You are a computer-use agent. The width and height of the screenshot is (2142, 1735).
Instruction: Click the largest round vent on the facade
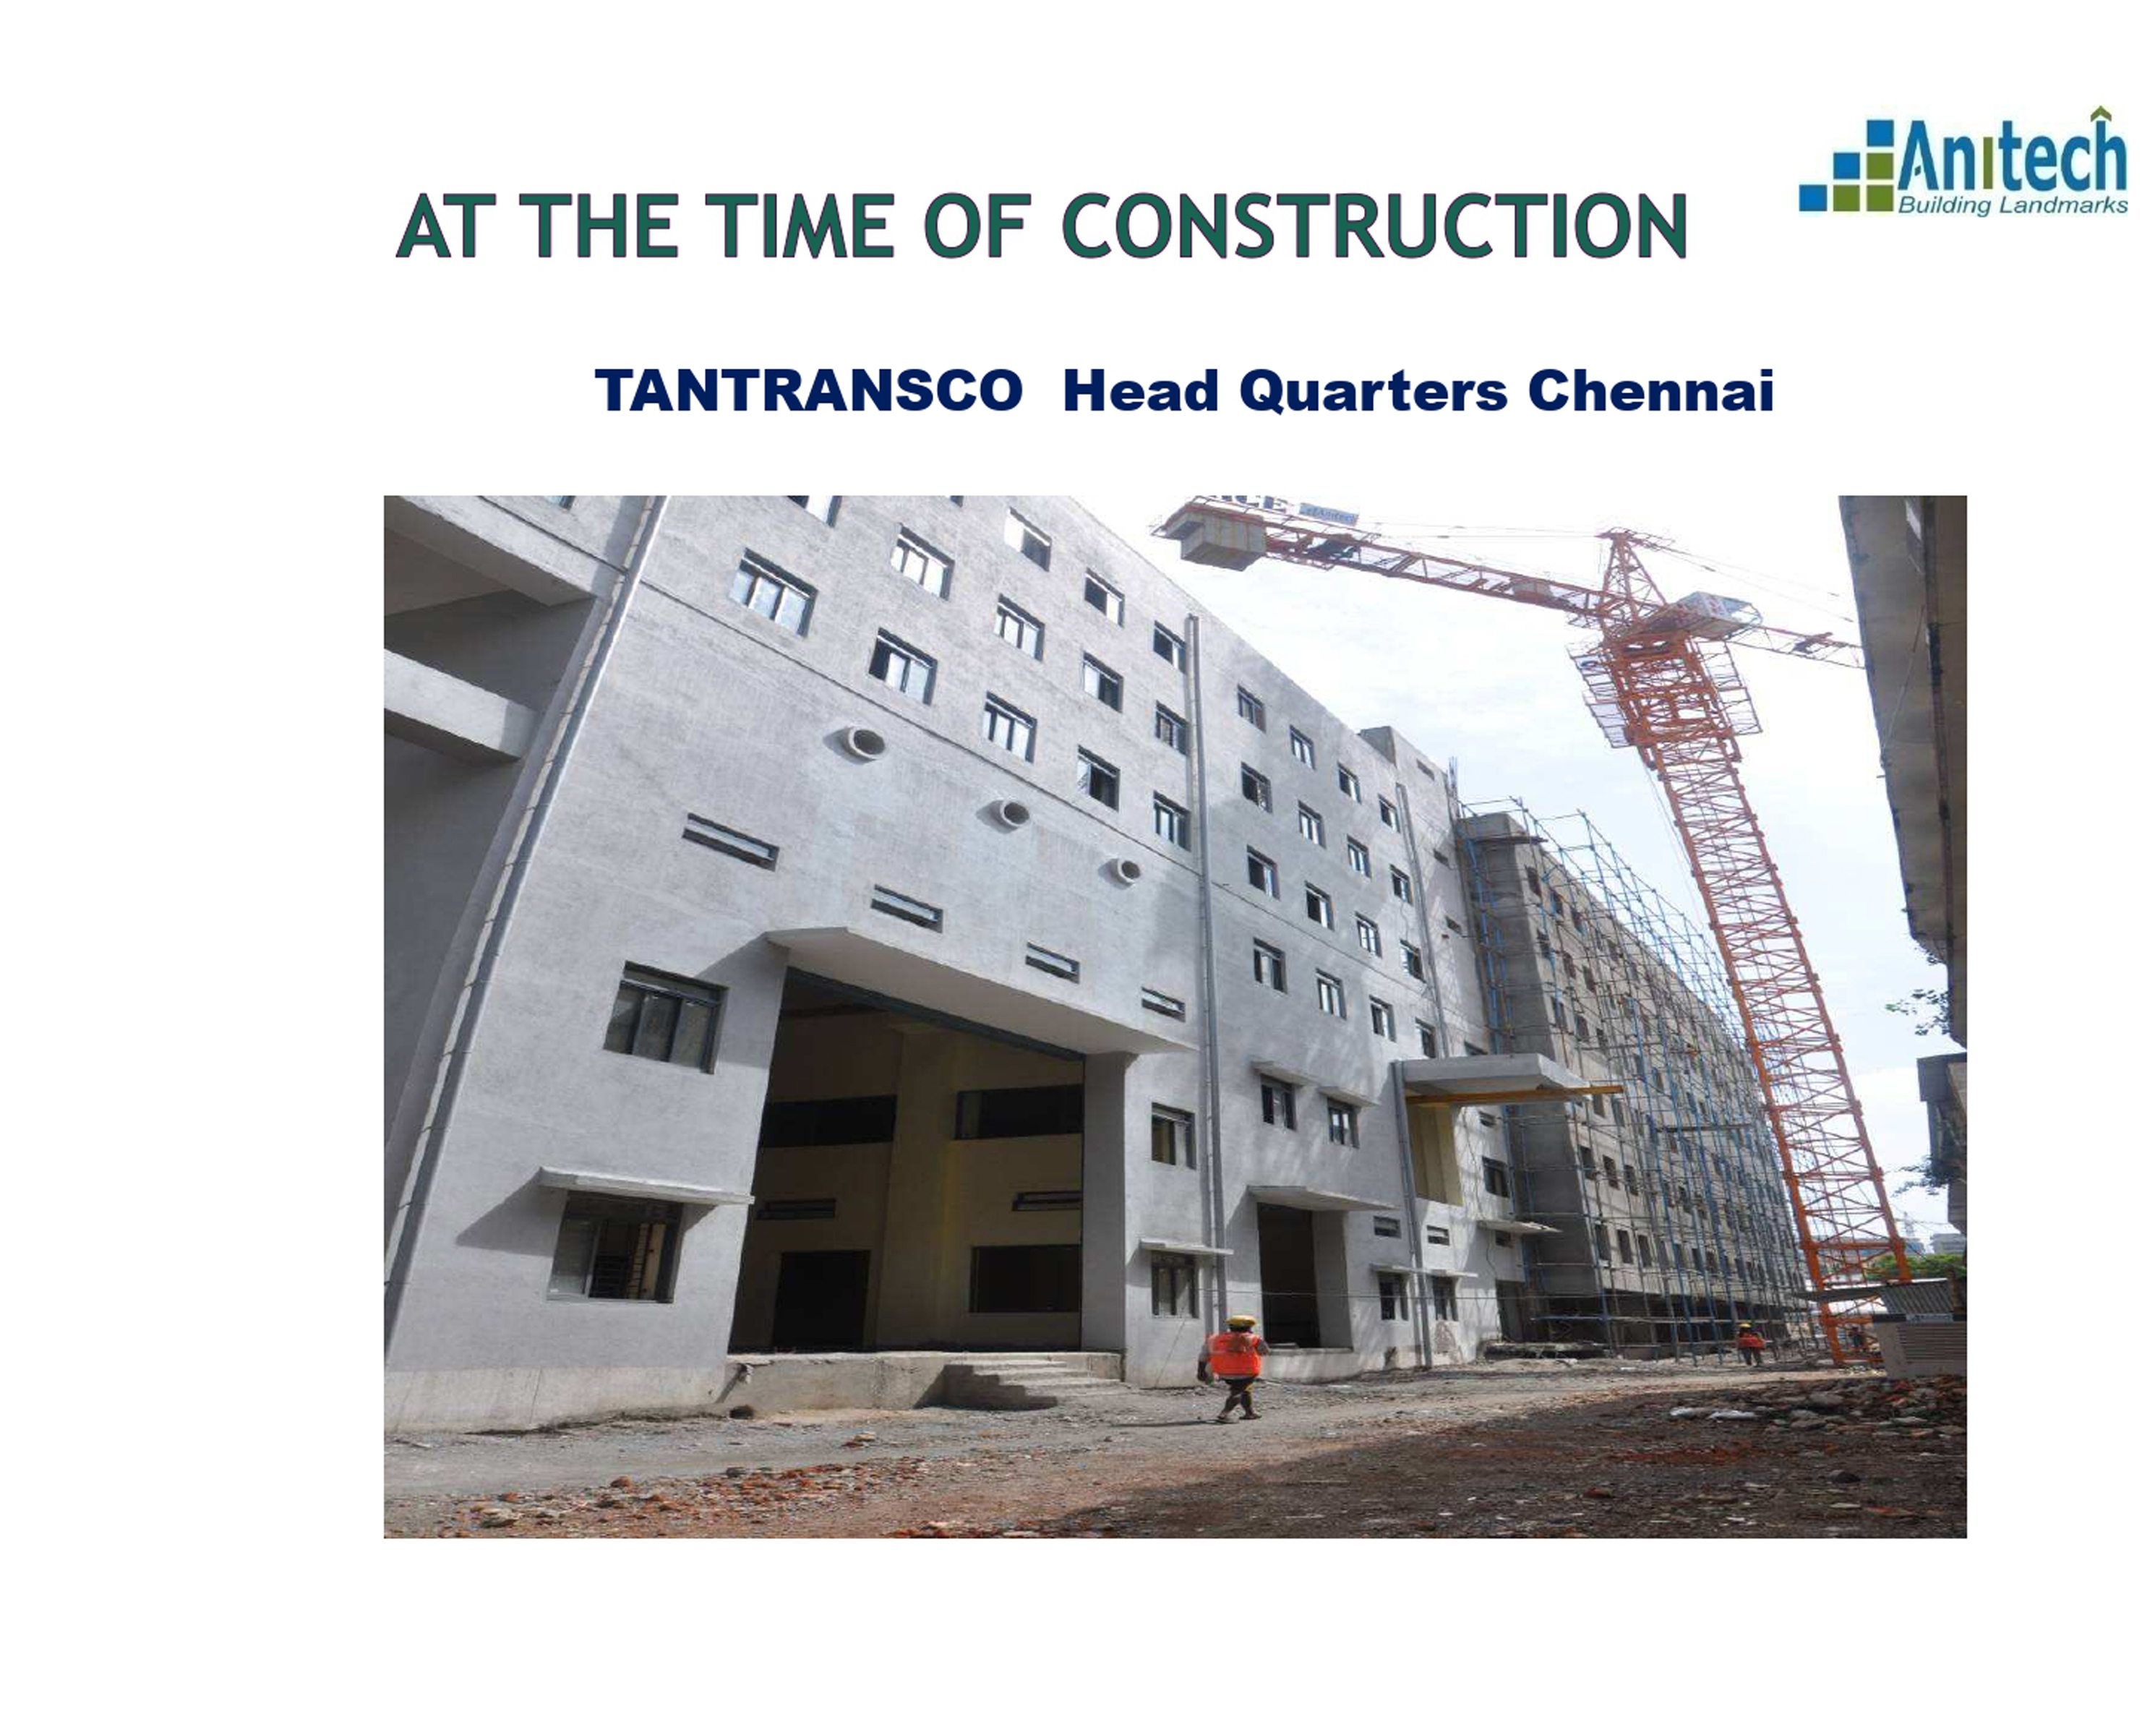coord(862,742)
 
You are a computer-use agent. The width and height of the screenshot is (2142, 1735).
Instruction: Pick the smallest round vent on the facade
coord(1126,870)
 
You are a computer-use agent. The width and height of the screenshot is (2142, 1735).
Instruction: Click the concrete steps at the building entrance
coord(1029,1374)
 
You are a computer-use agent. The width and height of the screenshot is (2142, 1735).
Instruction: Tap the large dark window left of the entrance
coord(664,1016)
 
